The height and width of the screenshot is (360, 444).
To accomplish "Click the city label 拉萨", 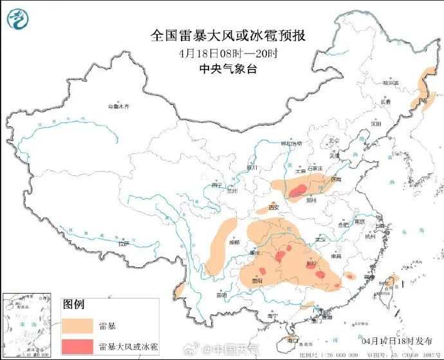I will point(124,244).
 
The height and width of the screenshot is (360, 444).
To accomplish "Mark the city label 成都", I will point(233,243).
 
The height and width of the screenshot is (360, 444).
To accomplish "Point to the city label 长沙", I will point(311,263).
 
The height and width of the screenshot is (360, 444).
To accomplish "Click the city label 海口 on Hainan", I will point(293,338).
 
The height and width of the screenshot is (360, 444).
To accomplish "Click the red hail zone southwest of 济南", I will point(297,191).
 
